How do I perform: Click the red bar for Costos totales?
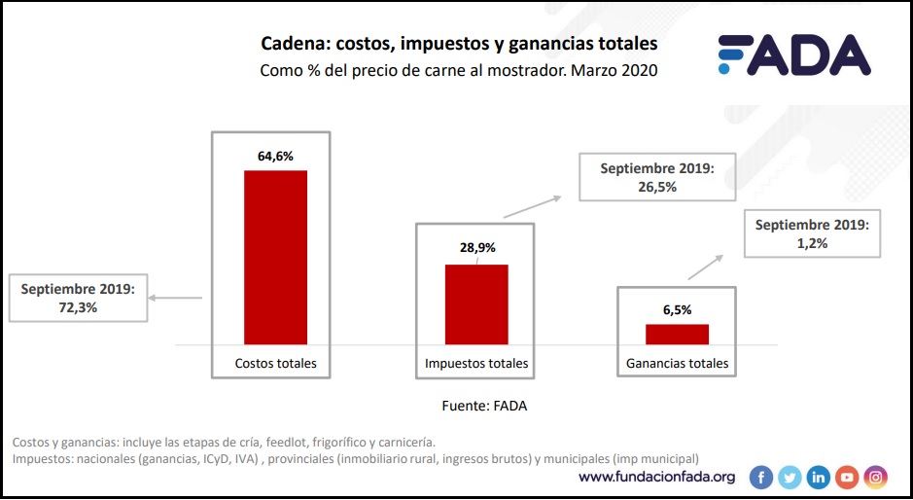pyautogui.click(x=275, y=257)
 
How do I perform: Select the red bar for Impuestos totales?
pyautogui.click(x=476, y=304)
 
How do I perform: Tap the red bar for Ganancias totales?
pyautogui.click(x=677, y=334)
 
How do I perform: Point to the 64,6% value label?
pyautogui.click(x=275, y=155)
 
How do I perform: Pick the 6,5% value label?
pyautogui.click(x=677, y=309)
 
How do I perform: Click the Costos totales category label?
pyautogui.click(x=275, y=364)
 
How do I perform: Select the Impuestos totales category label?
pyautogui.click(x=476, y=364)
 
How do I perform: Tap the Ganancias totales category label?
pyautogui.click(x=677, y=364)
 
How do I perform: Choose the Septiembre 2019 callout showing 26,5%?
pyautogui.click(x=656, y=177)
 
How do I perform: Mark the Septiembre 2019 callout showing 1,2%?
pyautogui.click(x=812, y=233)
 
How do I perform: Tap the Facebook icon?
pyautogui.click(x=760, y=477)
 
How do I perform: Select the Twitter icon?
pyautogui.click(x=790, y=477)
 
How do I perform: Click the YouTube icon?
pyautogui.click(x=847, y=477)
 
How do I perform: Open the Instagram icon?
pyautogui.click(x=876, y=477)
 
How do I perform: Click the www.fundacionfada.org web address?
pyautogui.click(x=657, y=477)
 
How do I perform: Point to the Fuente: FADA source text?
pyautogui.click(x=484, y=406)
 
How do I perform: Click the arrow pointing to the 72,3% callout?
pyautogui.click(x=176, y=298)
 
